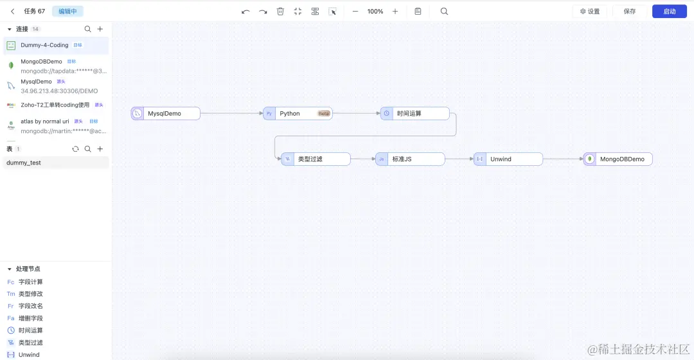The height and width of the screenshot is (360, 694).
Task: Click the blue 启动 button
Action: (x=670, y=12)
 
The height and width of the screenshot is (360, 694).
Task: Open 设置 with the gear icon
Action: (x=590, y=12)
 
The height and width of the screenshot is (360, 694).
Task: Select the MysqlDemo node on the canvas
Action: (x=166, y=114)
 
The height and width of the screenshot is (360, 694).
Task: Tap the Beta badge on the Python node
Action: (x=324, y=114)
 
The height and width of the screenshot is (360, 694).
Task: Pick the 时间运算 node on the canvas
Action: (x=414, y=114)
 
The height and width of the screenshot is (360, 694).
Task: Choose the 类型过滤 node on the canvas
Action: (x=316, y=159)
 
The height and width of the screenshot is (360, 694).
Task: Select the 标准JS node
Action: (x=410, y=159)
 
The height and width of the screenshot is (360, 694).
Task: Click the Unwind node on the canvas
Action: (x=508, y=159)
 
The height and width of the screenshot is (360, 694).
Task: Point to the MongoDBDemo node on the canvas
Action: (x=618, y=159)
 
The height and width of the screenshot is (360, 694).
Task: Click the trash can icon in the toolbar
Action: (x=280, y=12)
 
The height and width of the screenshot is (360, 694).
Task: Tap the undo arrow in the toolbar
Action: (x=245, y=12)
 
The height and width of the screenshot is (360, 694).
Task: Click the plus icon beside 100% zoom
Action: (x=395, y=12)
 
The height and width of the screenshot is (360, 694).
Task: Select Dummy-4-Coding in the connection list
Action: (x=44, y=46)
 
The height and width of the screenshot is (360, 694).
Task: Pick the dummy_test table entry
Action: (x=24, y=163)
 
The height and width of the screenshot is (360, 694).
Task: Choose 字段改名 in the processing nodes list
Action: (x=31, y=306)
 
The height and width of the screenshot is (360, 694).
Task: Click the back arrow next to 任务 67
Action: (x=12, y=12)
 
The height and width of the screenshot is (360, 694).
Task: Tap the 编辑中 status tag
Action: (x=67, y=12)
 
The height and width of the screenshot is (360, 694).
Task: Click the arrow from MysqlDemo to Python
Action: (x=231, y=114)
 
